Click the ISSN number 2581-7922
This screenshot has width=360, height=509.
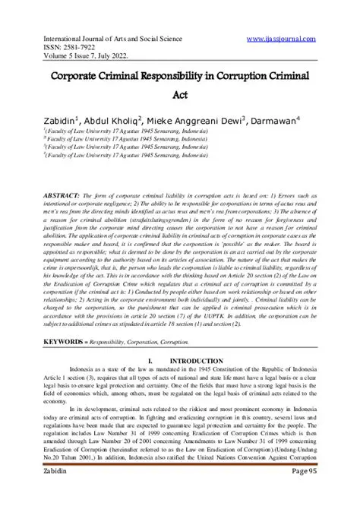click(x=59, y=44)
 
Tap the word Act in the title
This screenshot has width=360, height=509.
click(x=180, y=95)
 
